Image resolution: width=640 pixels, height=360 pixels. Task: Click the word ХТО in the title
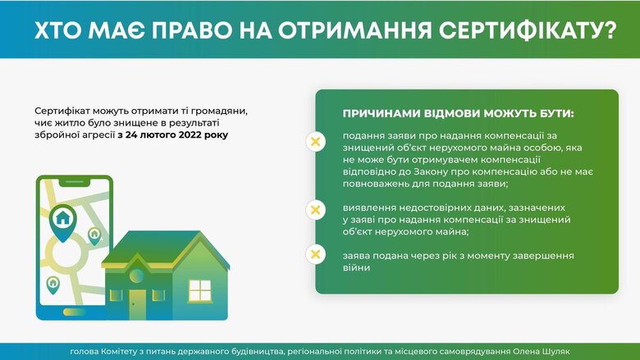[57, 31]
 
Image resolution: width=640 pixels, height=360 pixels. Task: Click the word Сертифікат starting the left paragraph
[63, 110]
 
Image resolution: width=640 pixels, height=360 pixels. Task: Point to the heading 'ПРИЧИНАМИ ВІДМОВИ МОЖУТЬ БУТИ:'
[458, 112]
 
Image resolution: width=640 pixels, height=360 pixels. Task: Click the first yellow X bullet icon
[315, 142]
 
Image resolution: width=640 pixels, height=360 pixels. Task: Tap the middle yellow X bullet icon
[315, 210]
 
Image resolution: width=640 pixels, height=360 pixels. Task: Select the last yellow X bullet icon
[315, 255]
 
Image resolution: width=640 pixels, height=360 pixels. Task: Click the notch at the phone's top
[75, 180]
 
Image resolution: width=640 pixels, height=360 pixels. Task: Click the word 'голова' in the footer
[86, 352]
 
